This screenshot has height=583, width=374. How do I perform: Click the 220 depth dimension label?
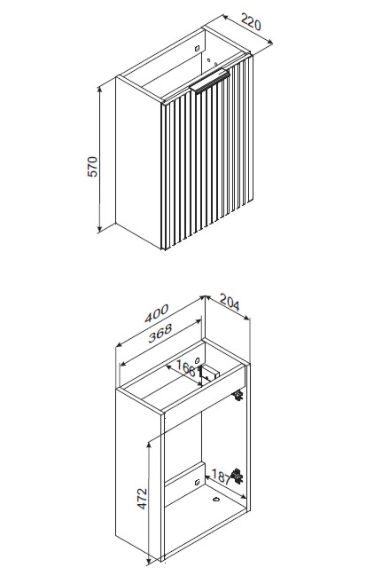tap(252, 21)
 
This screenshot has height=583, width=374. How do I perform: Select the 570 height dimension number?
tap(92, 167)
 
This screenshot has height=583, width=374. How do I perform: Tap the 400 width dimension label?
tap(156, 313)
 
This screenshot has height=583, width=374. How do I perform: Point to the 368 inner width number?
tap(160, 333)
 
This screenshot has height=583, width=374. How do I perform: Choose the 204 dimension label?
tap(230, 302)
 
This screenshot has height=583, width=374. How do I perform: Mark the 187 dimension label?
tap(221, 477)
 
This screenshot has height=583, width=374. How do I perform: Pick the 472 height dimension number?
tap(142, 498)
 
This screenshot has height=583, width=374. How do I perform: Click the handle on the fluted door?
tap(209, 80)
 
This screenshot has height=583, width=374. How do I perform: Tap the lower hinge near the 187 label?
tap(237, 476)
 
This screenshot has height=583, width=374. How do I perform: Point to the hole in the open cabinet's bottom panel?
tap(214, 500)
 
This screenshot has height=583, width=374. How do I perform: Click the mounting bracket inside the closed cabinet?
tap(198, 48)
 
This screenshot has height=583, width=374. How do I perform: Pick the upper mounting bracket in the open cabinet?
tap(198, 360)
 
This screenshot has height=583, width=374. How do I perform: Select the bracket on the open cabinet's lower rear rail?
tap(198, 482)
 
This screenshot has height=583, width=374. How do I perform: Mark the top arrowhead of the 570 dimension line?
tap(99, 90)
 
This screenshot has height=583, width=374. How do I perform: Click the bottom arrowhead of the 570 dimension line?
tap(99, 229)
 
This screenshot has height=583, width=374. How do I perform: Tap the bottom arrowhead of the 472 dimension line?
tap(149, 571)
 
